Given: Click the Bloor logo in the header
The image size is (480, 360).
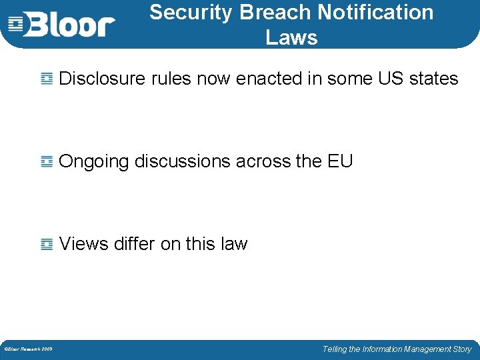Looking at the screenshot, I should (61, 25).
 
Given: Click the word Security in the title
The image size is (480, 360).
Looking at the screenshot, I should (191, 12).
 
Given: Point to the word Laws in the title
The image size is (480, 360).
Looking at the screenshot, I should (291, 38).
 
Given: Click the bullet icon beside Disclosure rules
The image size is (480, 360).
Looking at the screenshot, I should (47, 79).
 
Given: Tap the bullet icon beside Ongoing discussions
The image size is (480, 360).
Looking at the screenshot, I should (47, 162).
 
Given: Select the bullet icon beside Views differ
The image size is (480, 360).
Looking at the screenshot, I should (47, 245).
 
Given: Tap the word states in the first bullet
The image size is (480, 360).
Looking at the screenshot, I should (434, 79).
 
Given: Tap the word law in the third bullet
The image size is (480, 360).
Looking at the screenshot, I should (234, 244).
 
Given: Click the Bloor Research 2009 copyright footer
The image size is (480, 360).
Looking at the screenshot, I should (29, 349).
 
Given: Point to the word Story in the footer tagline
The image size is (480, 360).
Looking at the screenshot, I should (461, 349).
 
